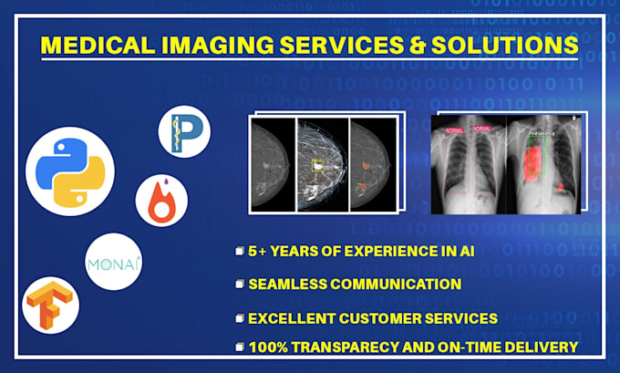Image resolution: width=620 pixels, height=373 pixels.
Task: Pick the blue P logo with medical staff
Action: coord(183,133)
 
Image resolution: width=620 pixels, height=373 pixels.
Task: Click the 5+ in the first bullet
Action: coord(258,250)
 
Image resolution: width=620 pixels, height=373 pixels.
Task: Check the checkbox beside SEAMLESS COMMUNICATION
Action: coord(238,284)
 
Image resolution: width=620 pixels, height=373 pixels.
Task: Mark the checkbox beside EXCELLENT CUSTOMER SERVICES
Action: coord(238,318)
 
